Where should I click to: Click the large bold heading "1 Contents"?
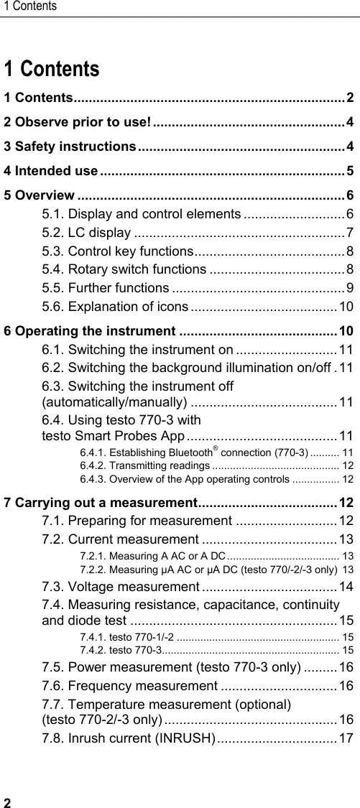click(x=52, y=70)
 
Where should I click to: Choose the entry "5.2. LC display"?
click(x=86, y=232)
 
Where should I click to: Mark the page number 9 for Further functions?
click(x=349, y=288)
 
